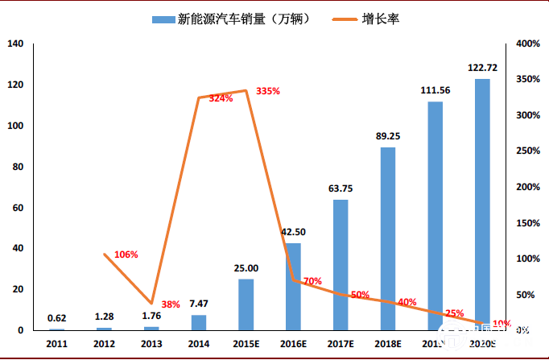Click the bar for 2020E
[x=482, y=205]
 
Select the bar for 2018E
[x=388, y=238]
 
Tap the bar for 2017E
[x=341, y=265]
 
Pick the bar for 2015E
[x=246, y=304]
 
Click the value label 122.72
[x=482, y=68]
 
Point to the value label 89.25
[x=388, y=136]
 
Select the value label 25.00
[x=246, y=268]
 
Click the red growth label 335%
[x=268, y=91]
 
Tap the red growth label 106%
[x=126, y=254]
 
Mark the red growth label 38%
[x=171, y=305]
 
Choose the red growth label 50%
[x=360, y=294]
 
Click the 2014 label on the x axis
[x=198, y=343]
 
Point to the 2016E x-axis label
[x=293, y=343]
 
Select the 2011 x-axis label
[x=56, y=343]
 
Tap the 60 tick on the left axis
[x=19, y=208]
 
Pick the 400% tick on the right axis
[x=527, y=43]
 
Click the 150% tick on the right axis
[x=527, y=222]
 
